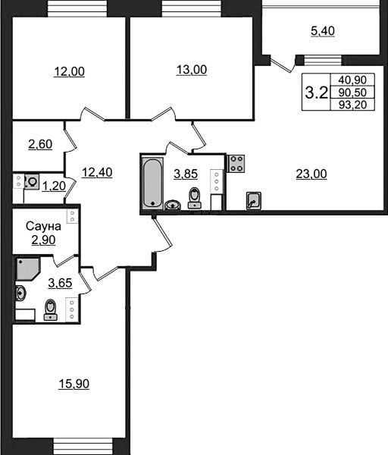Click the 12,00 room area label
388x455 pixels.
(69, 71)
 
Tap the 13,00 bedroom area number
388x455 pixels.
(192, 70)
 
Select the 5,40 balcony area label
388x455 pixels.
(323, 31)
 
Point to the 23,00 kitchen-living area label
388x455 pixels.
(311, 174)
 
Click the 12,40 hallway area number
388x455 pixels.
(97, 172)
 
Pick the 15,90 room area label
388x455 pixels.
(74, 384)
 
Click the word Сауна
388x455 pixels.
(43, 226)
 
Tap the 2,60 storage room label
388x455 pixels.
(40, 144)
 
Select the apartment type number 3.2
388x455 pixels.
(316, 93)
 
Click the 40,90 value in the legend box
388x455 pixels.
(352, 80)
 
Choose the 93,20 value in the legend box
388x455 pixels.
(352, 105)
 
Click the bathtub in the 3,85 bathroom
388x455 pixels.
(153, 184)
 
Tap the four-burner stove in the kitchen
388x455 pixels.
(236, 164)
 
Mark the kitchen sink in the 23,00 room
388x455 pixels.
(253, 200)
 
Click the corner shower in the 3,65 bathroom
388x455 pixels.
(27, 268)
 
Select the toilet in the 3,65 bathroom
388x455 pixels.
(51, 310)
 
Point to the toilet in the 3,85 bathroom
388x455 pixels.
(194, 198)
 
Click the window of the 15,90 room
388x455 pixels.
(83, 447)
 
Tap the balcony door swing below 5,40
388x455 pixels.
(282, 64)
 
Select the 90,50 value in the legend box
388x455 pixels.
(352, 93)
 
